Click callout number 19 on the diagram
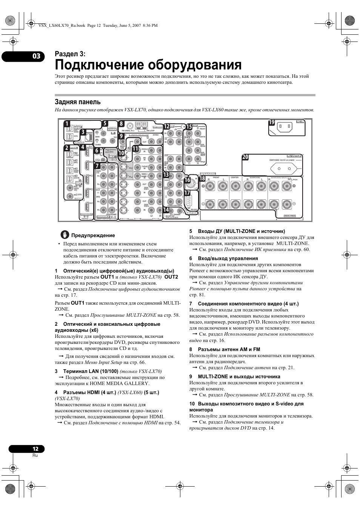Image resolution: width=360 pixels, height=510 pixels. [x=272, y=122]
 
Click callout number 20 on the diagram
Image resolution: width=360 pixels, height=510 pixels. [x=245, y=157]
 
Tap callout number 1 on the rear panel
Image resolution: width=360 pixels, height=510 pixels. [x=67, y=124]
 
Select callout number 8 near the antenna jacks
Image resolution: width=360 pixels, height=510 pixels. [x=121, y=124]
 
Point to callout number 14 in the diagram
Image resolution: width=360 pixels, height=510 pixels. [x=166, y=210]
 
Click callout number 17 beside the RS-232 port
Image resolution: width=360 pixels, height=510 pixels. [x=188, y=193]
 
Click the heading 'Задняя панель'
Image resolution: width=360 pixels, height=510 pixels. [x=78, y=102]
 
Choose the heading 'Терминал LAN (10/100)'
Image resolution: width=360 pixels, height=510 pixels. [x=91, y=371]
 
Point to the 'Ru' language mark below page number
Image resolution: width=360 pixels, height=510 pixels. [x=35, y=455]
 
